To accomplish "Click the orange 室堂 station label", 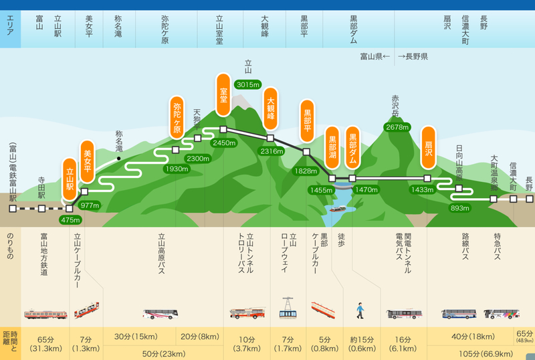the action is point(223,94).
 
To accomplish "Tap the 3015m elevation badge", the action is point(248,84).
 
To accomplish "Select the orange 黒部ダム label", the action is point(352,148).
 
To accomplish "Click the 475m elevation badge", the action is point(70,220).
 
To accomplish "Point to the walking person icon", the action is point(360,310).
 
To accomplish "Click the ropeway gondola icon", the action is point(288,308).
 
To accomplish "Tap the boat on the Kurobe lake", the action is point(338,209).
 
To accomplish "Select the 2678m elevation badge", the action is point(397,127).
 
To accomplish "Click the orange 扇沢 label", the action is point(428,148).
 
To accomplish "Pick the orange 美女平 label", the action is point(88,161).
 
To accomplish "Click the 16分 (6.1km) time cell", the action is point(403,344).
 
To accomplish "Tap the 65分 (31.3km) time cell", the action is point(45,344).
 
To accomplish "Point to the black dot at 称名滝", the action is point(119,159).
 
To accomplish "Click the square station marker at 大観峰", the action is point(270,139).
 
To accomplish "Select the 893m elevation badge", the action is point(459,208).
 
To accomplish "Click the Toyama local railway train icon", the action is point(45,314).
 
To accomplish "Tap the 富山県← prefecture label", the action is point(375,56).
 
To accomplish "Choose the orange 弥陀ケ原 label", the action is point(177,118).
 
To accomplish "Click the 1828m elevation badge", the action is point(306,171).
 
